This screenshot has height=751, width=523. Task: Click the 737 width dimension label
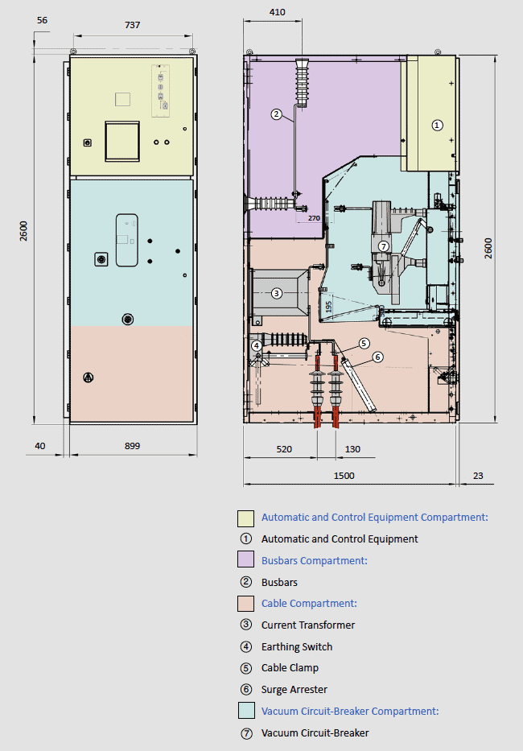133,25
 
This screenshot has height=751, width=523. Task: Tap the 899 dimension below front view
133,446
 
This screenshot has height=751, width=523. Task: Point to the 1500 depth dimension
344,476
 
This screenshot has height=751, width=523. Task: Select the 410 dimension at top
278,12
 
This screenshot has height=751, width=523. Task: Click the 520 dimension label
284,449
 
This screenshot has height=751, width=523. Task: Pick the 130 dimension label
352,449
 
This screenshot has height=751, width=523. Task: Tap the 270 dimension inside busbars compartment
314,218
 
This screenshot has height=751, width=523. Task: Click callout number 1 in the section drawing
437,125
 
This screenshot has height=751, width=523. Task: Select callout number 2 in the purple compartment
276,114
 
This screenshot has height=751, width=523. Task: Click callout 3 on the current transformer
276,293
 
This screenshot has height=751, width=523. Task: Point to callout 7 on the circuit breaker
383,246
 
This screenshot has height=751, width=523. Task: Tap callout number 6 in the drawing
378,357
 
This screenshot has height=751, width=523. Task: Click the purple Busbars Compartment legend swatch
245,559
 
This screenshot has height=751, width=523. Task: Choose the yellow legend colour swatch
245,518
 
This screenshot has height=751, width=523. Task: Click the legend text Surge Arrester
294,690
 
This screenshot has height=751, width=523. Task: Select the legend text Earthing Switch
297,647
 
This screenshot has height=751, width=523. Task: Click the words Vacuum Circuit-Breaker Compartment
350,712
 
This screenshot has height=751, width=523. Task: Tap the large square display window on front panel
122,141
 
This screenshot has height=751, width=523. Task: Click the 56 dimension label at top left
42,20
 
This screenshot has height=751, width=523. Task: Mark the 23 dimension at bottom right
478,476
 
